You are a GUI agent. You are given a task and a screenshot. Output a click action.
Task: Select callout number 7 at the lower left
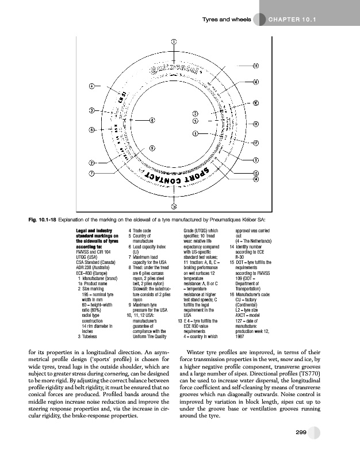pyautogui.click(x=91, y=172)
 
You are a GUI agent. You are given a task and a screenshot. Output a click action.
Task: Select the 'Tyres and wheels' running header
pyautogui.click(x=227, y=22)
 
